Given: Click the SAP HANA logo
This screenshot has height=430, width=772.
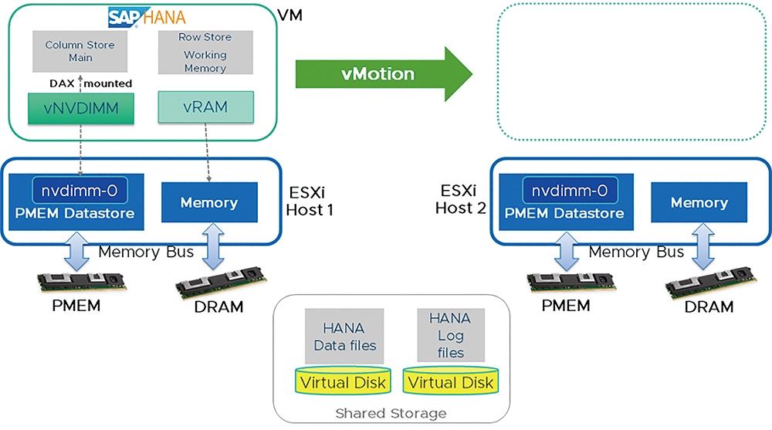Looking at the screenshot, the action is (x=147, y=18).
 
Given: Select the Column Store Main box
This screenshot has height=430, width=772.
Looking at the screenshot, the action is (x=80, y=51).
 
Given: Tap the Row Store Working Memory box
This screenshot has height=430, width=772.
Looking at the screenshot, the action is (x=205, y=52).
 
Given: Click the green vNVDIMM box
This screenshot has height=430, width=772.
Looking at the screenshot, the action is (x=81, y=108).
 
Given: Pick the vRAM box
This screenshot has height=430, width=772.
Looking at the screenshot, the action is (x=206, y=107).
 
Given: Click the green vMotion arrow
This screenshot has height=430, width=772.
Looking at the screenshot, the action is (x=384, y=74).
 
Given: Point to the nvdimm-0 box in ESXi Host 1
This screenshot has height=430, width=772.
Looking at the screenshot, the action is (x=80, y=190).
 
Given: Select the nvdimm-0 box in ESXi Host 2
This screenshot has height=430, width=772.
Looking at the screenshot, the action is (x=570, y=190).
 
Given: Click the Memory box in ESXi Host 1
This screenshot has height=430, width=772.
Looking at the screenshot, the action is (x=209, y=202).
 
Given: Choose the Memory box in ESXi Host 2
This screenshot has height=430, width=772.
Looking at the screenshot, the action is (x=699, y=202).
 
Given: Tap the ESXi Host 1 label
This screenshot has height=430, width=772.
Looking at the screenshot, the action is (x=310, y=201).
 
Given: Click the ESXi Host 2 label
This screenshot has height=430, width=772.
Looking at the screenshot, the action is (x=460, y=199).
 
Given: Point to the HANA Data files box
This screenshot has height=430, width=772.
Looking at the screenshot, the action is (x=344, y=337).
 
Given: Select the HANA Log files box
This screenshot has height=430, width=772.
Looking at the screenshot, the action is (x=451, y=335).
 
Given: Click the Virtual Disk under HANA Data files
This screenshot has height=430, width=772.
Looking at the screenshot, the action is (x=344, y=381).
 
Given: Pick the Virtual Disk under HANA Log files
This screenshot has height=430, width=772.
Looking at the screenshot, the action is (x=451, y=381).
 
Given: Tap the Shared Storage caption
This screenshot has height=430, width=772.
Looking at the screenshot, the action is (x=391, y=413).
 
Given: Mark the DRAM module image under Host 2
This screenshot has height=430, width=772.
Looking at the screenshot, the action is (x=710, y=283).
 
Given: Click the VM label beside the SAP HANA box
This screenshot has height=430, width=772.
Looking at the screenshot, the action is (x=290, y=15).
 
